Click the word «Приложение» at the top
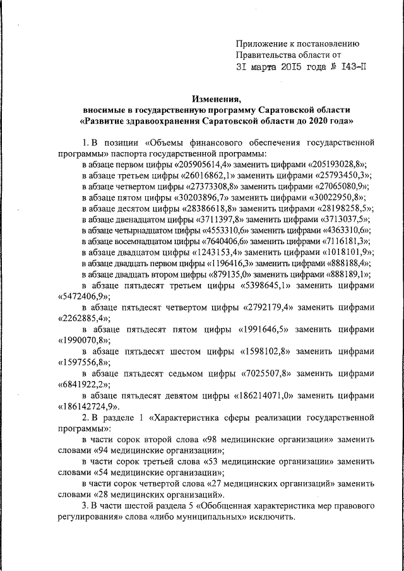(x=258, y=44)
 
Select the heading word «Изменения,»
(x=217, y=98)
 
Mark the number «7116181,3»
(x=344, y=243)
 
